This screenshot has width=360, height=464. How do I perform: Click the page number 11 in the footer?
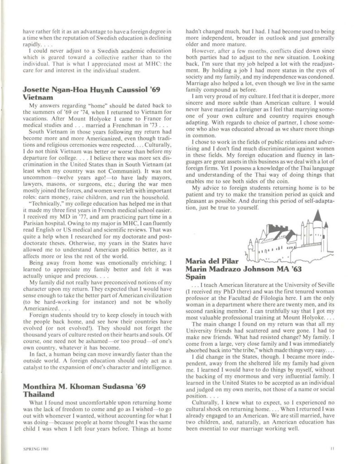coord(332,449)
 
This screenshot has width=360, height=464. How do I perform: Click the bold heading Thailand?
coord(38,395)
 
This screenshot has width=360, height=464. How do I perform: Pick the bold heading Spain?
coord(196,276)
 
